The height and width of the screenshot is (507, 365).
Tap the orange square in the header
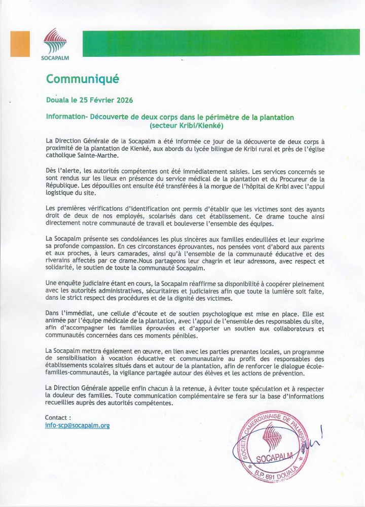20,44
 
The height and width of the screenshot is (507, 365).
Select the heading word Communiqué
82,79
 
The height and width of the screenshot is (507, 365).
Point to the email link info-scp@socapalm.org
77,425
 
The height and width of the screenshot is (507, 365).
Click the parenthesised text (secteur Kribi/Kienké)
187,125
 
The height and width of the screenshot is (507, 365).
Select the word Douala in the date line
57,100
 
